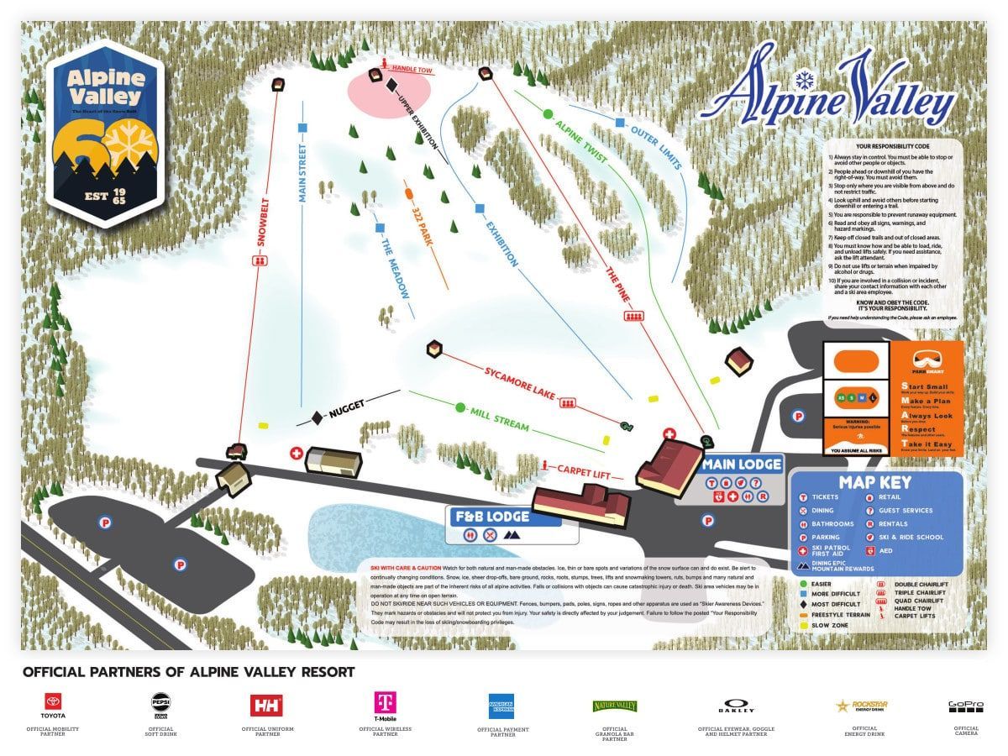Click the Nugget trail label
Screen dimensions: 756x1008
(x=347, y=408)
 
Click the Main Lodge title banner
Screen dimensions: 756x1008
(x=743, y=465)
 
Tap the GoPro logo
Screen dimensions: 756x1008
(x=965, y=706)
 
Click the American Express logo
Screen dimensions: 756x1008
(x=501, y=705)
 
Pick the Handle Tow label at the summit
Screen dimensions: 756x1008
(x=412, y=71)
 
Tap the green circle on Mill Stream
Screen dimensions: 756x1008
(x=459, y=407)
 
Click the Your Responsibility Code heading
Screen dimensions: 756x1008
(x=891, y=146)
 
